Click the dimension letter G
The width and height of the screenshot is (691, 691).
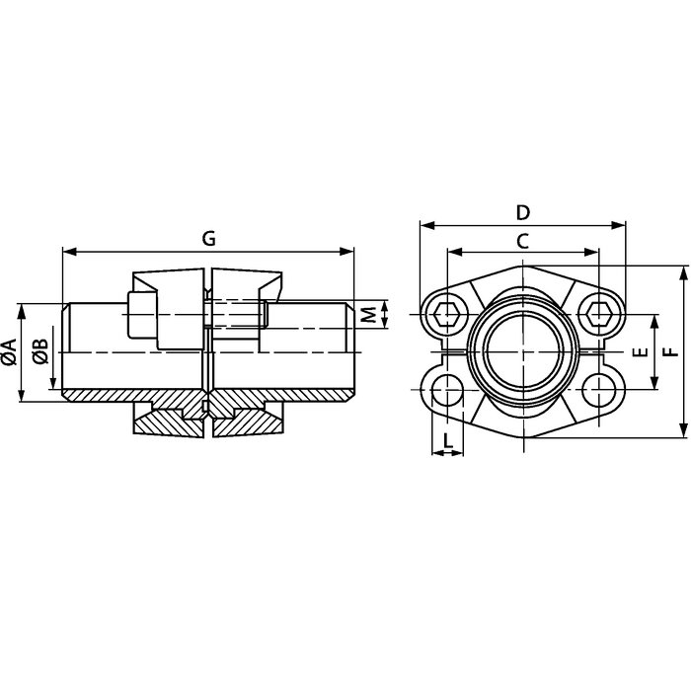[209, 239]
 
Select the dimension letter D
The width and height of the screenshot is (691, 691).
[522, 213]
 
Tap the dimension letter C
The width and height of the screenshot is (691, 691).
[522, 242]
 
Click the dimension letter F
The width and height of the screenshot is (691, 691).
[671, 352]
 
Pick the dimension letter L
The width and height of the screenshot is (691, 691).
[448, 440]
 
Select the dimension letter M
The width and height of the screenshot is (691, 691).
[369, 314]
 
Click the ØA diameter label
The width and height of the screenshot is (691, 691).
[10, 352]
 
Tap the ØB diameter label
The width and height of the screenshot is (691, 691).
[40, 352]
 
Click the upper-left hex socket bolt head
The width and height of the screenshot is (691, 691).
[447, 314]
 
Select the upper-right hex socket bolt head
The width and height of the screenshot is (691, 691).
[598, 314]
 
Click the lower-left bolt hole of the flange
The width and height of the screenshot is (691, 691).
[447, 390]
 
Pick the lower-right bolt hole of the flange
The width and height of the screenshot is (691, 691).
[598, 390]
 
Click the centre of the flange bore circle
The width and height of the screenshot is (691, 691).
[522, 352]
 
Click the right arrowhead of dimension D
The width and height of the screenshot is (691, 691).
[619, 226]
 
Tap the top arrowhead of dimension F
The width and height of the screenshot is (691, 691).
[683, 272]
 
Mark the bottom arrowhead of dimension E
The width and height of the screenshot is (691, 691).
[654, 383]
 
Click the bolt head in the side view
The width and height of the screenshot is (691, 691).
[142, 315]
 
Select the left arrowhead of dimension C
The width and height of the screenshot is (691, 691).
[454, 252]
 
